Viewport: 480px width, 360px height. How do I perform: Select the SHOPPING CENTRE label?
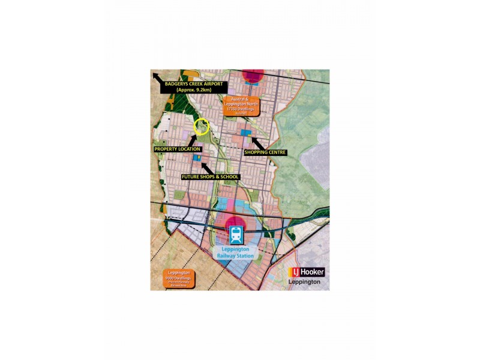click(x=265, y=152)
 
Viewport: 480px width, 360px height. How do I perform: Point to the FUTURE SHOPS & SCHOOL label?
click(x=210, y=177)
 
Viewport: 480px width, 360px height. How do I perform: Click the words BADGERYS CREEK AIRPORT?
click(x=193, y=84)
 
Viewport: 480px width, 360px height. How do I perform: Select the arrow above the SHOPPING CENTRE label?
click(x=254, y=143)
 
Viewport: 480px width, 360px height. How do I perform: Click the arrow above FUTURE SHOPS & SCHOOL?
click(x=206, y=166)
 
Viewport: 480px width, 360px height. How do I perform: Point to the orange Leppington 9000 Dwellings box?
click(x=172, y=277)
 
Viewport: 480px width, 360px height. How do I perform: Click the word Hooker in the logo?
click(x=314, y=271)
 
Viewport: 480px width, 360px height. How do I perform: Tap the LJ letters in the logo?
click(x=295, y=271)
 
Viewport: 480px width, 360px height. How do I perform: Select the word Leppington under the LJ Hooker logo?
click(x=304, y=281)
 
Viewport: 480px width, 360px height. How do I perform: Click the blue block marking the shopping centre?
click(x=245, y=132)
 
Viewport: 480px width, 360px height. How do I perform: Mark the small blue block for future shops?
click(x=196, y=158)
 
